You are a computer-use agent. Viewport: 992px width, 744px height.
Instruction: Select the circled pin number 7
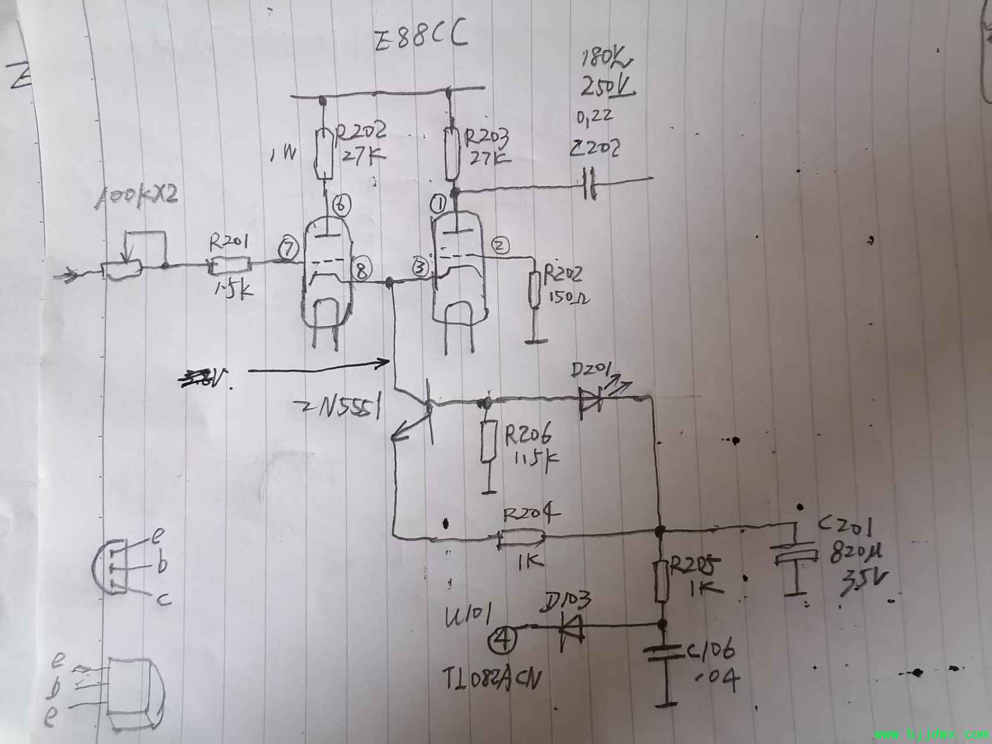tap(287, 249)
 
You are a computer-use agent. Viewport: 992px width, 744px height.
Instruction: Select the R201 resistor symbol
tap(230, 266)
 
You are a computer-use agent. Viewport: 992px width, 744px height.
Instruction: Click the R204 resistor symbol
tap(521, 538)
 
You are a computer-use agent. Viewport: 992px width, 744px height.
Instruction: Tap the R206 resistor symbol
tap(488, 442)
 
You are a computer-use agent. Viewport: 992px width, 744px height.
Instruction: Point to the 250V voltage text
tap(607, 87)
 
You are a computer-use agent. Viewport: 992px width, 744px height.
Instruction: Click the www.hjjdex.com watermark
tap(931, 735)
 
